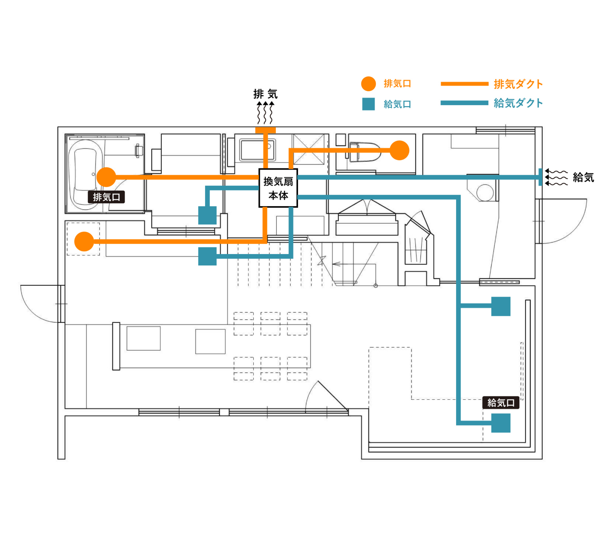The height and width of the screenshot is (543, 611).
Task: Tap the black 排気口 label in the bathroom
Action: point(106,197)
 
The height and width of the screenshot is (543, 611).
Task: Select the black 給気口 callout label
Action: point(501,403)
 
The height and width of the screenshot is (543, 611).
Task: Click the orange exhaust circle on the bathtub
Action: point(106,177)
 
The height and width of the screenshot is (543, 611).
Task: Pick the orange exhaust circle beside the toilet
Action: point(399,150)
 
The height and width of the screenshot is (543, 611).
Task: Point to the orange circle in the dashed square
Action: point(84,241)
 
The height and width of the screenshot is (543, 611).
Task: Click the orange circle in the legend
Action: point(368,84)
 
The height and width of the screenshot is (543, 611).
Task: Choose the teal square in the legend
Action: point(368,104)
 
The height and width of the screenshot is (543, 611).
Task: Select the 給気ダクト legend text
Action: point(518,103)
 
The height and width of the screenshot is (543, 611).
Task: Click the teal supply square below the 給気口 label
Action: point(501,423)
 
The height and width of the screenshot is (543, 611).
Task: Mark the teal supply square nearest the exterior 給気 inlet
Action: point(501,306)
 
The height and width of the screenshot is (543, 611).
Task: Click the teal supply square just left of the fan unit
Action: point(208,215)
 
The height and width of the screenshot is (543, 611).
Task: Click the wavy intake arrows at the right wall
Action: point(556,177)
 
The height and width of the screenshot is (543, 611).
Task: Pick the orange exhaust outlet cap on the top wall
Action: point(266,130)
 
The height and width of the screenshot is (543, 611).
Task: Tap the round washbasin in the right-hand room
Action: point(485,193)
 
